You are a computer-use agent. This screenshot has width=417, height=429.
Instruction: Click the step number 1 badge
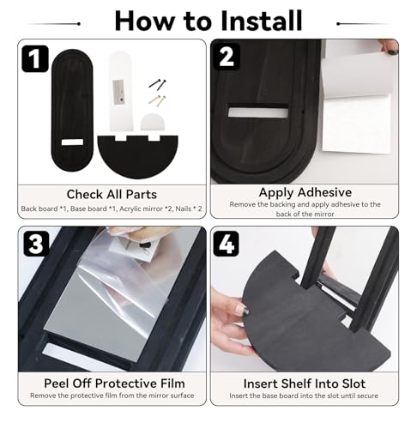[x=35, y=58]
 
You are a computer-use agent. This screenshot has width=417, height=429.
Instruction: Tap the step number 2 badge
[x=227, y=57]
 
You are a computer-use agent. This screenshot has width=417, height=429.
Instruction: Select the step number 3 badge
[x=36, y=244]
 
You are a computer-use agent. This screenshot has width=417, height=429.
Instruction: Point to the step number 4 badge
[x=226, y=244]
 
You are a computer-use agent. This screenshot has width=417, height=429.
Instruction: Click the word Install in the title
[x=262, y=21]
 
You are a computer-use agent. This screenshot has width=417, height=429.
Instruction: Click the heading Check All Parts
[x=112, y=195]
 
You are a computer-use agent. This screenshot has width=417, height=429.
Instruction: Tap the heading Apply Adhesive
[x=305, y=192]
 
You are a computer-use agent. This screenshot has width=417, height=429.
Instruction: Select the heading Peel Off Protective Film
[x=114, y=384]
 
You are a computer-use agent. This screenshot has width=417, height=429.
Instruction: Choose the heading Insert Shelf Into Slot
[x=305, y=384]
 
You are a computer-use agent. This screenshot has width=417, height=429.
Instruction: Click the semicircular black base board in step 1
[x=138, y=157]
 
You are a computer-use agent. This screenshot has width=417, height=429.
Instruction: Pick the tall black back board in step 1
[x=72, y=110]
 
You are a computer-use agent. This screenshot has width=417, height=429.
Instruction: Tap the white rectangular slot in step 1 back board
[x=72, y=142]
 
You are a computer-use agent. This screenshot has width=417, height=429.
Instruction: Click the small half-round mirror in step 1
[x=153, y=122]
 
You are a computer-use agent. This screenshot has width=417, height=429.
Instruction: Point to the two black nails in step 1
[x=158, y=84]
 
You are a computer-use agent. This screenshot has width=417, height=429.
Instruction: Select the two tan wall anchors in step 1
[x=157, y=100]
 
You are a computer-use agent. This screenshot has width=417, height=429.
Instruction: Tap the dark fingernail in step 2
[x=392, y=51]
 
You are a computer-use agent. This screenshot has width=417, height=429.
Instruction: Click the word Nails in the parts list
[x=184, y=208]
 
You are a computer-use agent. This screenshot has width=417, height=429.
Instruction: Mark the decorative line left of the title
[x=53, y=24]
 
